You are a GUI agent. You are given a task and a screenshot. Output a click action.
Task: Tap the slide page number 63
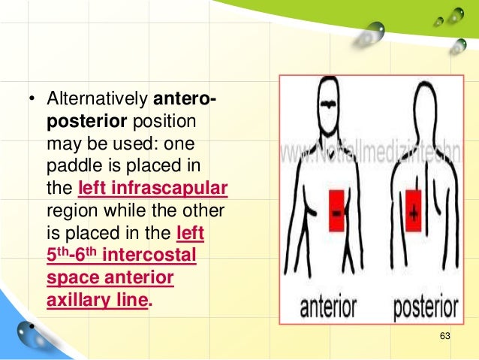point(444,335)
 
